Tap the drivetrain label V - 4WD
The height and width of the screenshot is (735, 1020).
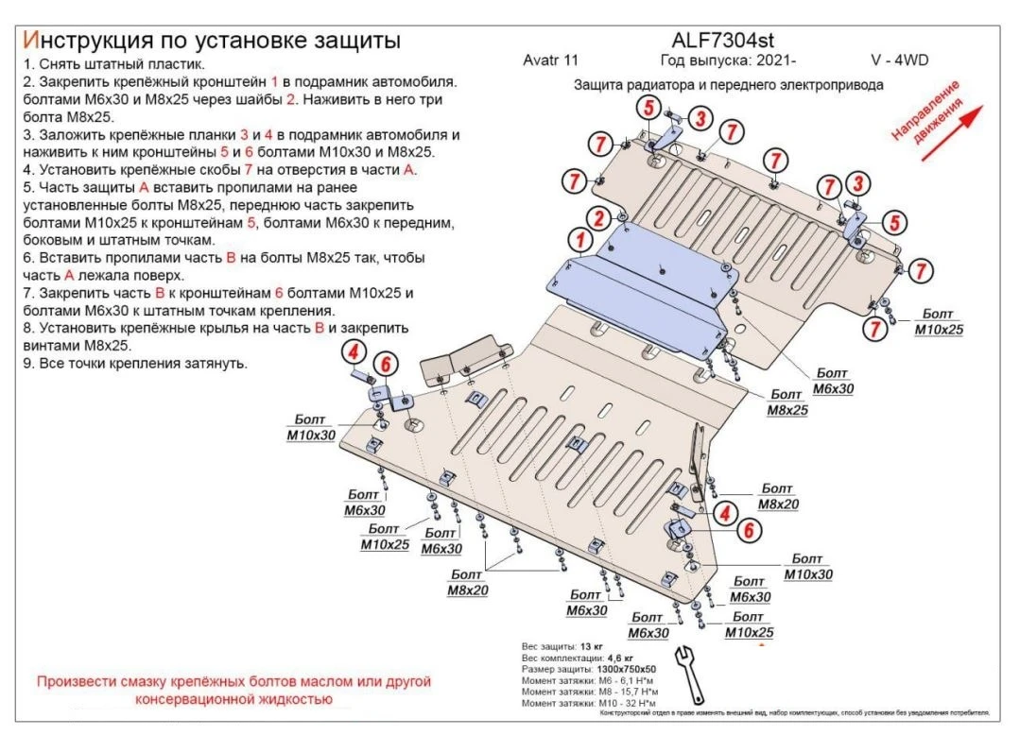coord(897,60)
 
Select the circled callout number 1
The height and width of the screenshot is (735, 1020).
coord(576,236)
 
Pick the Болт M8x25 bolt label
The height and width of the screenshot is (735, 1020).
coord(787,403)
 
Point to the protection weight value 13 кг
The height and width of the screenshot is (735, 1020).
coord(592,645)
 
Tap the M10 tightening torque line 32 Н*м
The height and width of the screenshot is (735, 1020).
coord(631,704)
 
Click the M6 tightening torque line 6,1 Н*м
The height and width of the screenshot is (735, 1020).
coord(628,680)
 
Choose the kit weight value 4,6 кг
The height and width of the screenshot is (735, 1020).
coord(619,657)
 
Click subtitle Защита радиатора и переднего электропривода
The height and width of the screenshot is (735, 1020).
coord(729,84)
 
